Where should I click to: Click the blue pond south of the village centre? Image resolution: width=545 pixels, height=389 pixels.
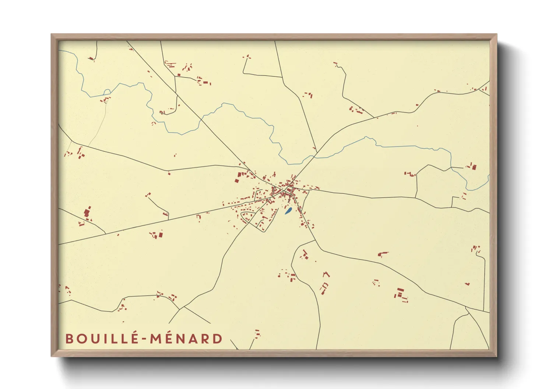[x=288, y=211]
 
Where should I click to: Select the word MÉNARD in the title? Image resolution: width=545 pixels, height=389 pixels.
[x=186, y=339]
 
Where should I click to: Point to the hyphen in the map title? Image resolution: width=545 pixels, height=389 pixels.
[x=145, y=339]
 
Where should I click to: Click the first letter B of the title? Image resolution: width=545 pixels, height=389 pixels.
[x=69, y=339]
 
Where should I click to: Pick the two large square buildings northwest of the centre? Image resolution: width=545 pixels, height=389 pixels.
[x=240, y=177]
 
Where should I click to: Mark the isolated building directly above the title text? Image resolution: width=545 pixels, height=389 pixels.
[x=257, y=333]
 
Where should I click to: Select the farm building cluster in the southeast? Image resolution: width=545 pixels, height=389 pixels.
[x=401, y=295]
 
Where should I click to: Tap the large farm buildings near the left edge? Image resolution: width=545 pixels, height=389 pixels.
[x=87, y=213]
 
